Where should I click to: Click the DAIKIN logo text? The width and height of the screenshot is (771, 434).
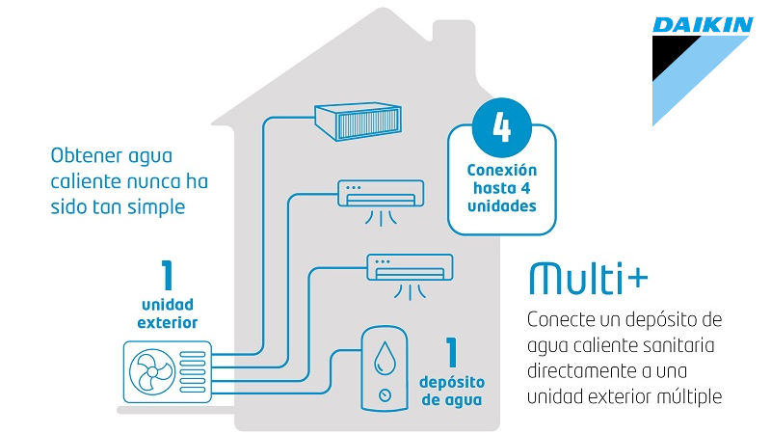703,25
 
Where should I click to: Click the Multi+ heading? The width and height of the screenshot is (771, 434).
588,278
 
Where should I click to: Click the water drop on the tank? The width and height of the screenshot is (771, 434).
386,358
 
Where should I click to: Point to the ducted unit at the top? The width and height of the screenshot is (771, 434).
358,119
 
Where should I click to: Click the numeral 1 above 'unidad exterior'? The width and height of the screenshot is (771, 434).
168,275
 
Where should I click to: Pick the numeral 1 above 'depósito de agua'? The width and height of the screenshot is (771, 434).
449,353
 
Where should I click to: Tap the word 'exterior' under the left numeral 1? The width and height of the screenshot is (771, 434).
168,322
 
